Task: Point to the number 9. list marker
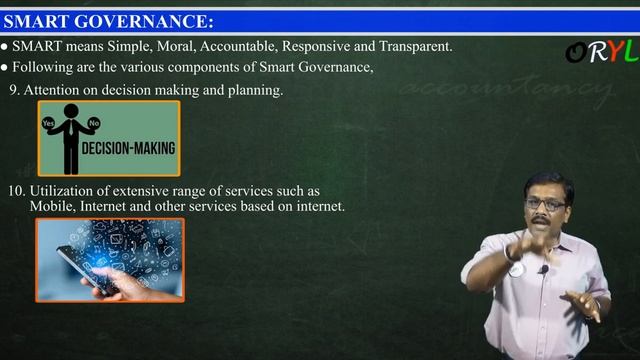tap(14, 90)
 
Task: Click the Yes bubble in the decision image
tap(49, 123)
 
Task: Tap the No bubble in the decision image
tap(94, 123)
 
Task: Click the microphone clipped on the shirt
tap(542, 269)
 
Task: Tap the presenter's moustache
tap(548, 219)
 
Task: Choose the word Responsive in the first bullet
tap(318, 47)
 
